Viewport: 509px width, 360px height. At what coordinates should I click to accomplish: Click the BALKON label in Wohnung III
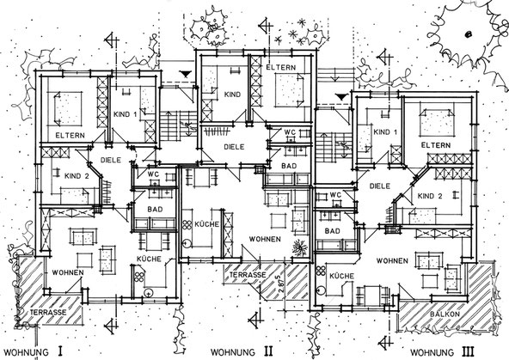[445, 314]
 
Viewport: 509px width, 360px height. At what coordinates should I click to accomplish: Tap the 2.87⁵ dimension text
[280, 284]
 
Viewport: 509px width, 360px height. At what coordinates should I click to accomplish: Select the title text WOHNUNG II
[242, 351]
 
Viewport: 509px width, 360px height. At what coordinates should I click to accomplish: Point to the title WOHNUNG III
[442, 352]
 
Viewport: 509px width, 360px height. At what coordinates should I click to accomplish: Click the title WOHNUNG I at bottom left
[34, 351]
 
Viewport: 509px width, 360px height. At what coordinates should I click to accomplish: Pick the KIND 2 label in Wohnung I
[77, 176]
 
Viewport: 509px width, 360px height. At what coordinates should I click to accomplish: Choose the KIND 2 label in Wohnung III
[430, 196]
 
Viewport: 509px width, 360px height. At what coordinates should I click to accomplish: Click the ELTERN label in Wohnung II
[281, 68]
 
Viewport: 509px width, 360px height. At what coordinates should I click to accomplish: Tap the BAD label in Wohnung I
[155, 210]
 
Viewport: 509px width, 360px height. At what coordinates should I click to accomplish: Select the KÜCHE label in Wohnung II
[206, 224]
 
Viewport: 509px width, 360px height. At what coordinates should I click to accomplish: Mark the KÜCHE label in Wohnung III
[341, 276]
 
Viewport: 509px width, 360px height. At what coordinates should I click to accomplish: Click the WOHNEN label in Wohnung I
[68, 272]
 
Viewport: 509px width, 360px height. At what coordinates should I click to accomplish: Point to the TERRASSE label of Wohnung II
[248, 275]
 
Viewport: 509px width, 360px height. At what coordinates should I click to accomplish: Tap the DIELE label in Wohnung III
[379, 186]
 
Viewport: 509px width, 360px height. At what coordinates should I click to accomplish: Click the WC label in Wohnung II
[290, 132]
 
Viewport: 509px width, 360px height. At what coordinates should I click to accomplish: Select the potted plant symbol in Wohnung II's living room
[299, 248]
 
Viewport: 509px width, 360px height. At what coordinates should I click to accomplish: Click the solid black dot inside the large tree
[468, 34]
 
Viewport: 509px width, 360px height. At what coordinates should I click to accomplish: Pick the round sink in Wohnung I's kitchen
[149, 293]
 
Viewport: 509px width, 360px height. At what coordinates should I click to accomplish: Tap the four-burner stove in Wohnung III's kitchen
[321, 271]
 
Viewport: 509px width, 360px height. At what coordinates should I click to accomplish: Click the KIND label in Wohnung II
[232, 95]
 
